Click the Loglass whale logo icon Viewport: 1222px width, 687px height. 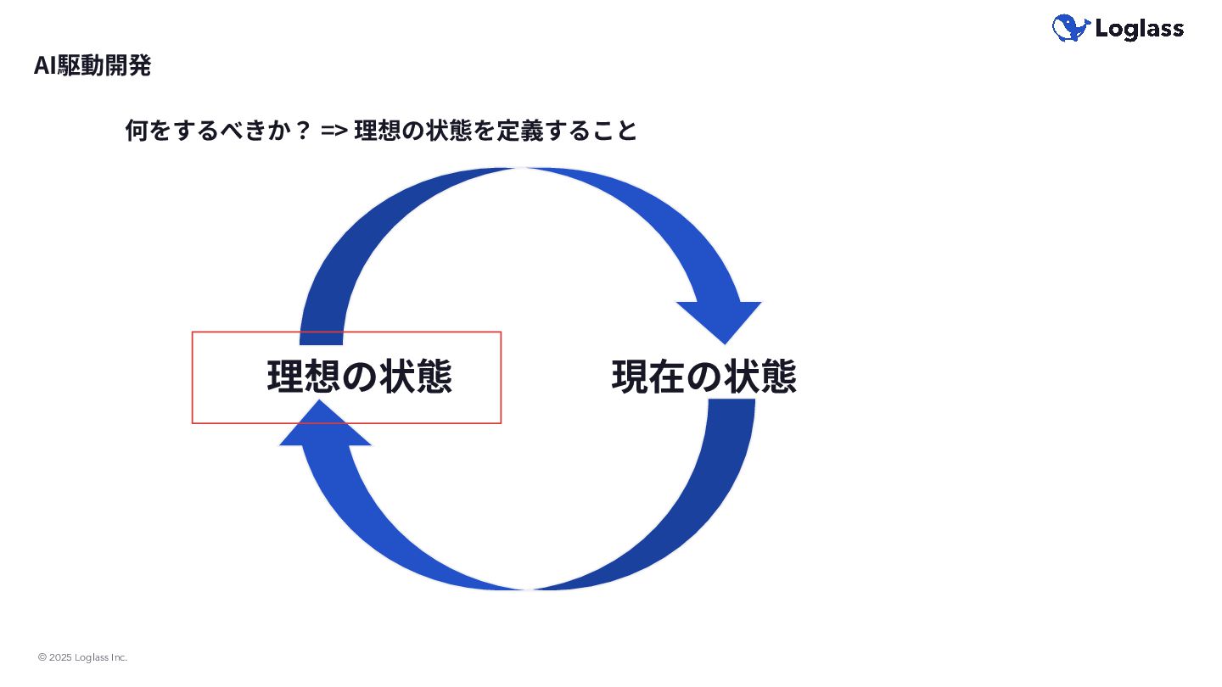point(1070,29)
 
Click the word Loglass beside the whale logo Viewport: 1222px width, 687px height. point(1139,30)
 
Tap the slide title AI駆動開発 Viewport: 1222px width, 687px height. point(92,66)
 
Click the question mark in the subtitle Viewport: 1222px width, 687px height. point(303,131)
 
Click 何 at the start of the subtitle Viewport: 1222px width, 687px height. point(136,131)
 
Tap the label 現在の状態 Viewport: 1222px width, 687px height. point(703,377)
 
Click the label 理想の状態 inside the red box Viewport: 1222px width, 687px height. point(359,377)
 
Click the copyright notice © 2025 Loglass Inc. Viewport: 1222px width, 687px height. point(82,657)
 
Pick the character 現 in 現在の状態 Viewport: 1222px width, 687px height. point(630,377)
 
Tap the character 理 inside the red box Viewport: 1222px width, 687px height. point(285,377)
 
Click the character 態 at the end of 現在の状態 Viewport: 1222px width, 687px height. point(777,377)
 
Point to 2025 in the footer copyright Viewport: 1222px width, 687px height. point(60,657)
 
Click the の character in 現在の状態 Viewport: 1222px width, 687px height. point(703,377)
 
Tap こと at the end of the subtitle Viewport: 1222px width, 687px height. point(614,131)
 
